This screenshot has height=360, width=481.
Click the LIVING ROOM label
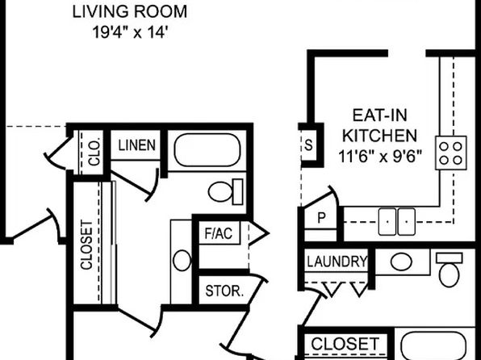point(129,12)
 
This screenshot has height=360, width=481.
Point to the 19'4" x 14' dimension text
point(130,32)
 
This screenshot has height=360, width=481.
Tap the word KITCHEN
point(379,136)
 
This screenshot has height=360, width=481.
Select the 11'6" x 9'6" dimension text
point(380,156)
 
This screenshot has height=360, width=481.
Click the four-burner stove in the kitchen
point(450,153)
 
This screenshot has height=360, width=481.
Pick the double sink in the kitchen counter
point(397,222)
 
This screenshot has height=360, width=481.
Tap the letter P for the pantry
point(321,218)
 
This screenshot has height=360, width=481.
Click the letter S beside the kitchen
point(308,144)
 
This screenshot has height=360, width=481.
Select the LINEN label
point(137,145)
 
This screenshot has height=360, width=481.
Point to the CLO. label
point(94,153)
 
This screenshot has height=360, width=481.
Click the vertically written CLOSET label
point(86,245)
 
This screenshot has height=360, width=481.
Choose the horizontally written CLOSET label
point(345,344)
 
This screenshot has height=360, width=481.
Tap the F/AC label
point(219,233)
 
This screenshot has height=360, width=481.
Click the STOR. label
point(224,291)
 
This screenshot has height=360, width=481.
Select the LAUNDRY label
point(337,262)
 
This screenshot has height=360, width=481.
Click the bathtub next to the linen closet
point(207,150)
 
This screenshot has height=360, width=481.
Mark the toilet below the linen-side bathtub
point(226,191)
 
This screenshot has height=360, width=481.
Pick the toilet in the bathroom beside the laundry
point(449,270)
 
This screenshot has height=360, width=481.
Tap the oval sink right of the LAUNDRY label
point(401,262)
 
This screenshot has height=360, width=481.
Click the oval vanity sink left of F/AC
point(182,260)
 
